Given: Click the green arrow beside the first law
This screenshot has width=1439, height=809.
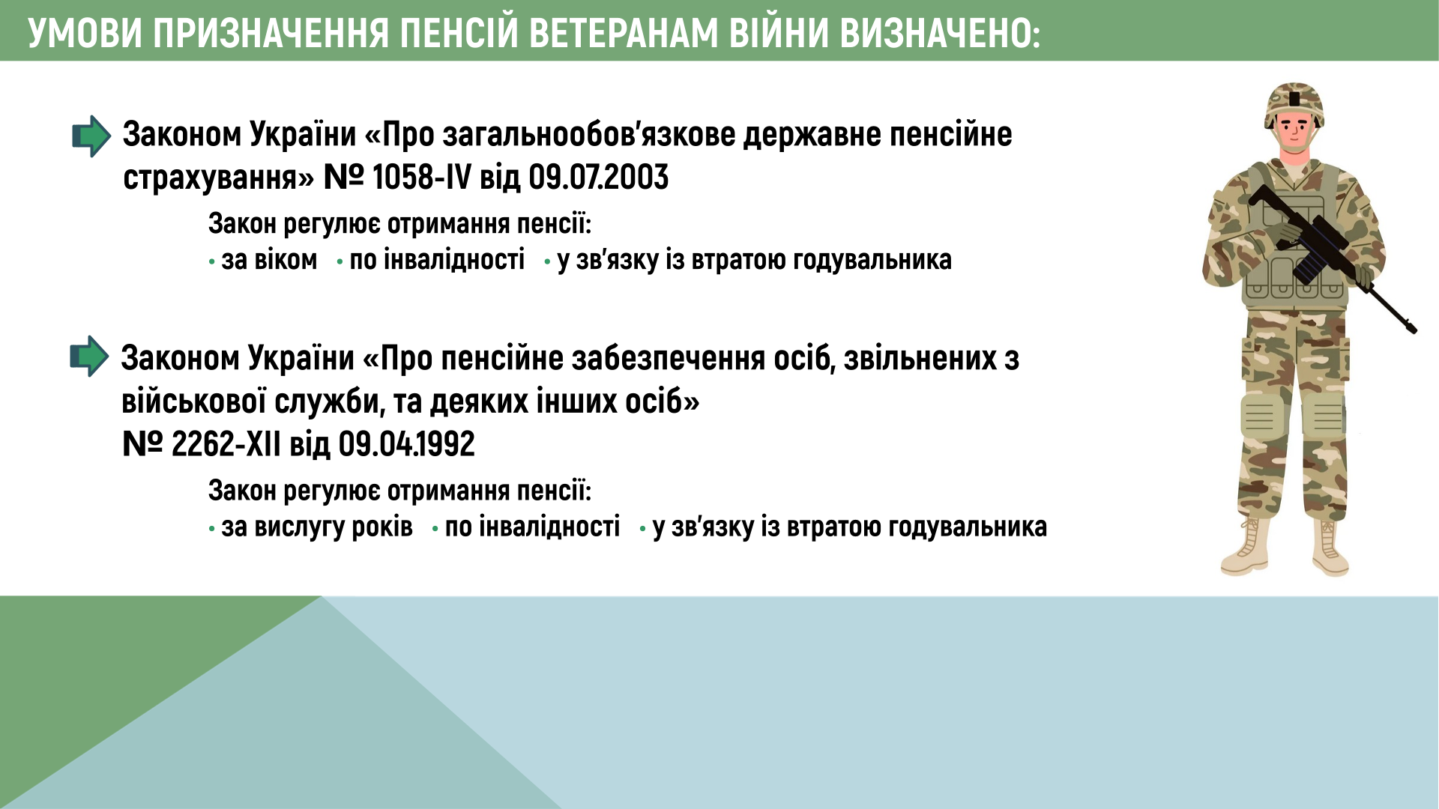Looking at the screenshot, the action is point(91,136).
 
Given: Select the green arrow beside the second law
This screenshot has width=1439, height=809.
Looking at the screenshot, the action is point(89,356).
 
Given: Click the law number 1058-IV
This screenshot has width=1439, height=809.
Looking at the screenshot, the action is point(421,178).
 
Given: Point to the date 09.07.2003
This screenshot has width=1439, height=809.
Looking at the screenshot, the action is point(598,178).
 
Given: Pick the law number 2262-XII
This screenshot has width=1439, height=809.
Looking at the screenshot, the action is point(226,444).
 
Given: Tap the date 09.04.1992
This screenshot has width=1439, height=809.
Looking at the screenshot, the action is point(406,444).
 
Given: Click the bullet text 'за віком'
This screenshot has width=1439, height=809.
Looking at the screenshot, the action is point(269,260).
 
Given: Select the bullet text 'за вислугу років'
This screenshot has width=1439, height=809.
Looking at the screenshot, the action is point(317,527).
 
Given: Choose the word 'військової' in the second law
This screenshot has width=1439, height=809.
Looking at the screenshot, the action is point(193,402).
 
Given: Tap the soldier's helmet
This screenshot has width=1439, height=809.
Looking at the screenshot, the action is point(1294,103).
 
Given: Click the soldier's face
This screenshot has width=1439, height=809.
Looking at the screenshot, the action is point(1295,133).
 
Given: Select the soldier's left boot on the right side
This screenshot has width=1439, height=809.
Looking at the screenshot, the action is point(1330,546).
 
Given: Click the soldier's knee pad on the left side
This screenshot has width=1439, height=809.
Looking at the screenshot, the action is point(1261,416).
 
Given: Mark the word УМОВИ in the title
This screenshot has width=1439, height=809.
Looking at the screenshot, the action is point(85,34).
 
